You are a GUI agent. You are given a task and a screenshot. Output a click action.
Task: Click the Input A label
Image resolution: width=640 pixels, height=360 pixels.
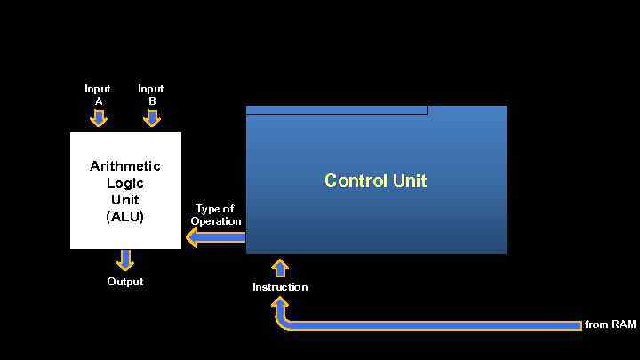98,94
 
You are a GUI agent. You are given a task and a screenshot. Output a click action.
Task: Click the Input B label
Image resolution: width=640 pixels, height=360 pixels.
151,94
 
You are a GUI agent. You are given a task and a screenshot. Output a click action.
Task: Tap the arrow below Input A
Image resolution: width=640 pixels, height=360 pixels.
98,117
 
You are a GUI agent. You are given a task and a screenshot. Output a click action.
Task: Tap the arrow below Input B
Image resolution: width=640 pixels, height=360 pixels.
152,117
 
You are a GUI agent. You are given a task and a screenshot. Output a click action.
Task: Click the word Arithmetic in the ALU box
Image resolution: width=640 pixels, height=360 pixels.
125,166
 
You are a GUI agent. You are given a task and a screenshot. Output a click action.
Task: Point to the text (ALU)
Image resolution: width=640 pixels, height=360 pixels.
125,216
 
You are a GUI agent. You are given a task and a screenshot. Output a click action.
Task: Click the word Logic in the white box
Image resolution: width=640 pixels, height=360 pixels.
125,183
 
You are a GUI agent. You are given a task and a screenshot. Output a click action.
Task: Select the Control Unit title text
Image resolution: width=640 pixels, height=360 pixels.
376,180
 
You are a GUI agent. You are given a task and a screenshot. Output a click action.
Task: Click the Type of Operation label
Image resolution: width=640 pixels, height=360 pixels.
215,215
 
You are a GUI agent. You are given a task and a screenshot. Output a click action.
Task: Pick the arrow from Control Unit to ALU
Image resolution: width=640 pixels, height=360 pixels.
214,236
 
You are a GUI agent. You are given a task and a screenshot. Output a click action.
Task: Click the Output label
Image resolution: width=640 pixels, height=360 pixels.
125,282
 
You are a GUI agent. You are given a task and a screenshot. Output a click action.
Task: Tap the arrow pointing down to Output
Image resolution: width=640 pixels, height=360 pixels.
125,260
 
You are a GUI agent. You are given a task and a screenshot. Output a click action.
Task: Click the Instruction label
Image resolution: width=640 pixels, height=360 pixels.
280,287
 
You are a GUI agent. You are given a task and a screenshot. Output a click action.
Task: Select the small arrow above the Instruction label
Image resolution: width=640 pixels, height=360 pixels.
280,268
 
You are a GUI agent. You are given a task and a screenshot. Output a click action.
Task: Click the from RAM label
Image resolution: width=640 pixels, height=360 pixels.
611,325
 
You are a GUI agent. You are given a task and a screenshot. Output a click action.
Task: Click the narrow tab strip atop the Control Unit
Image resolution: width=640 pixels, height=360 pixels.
336,110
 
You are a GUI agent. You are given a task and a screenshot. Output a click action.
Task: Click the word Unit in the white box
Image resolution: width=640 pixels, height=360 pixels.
125,200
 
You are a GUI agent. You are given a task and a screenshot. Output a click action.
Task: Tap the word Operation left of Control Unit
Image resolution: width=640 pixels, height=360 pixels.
216,221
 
